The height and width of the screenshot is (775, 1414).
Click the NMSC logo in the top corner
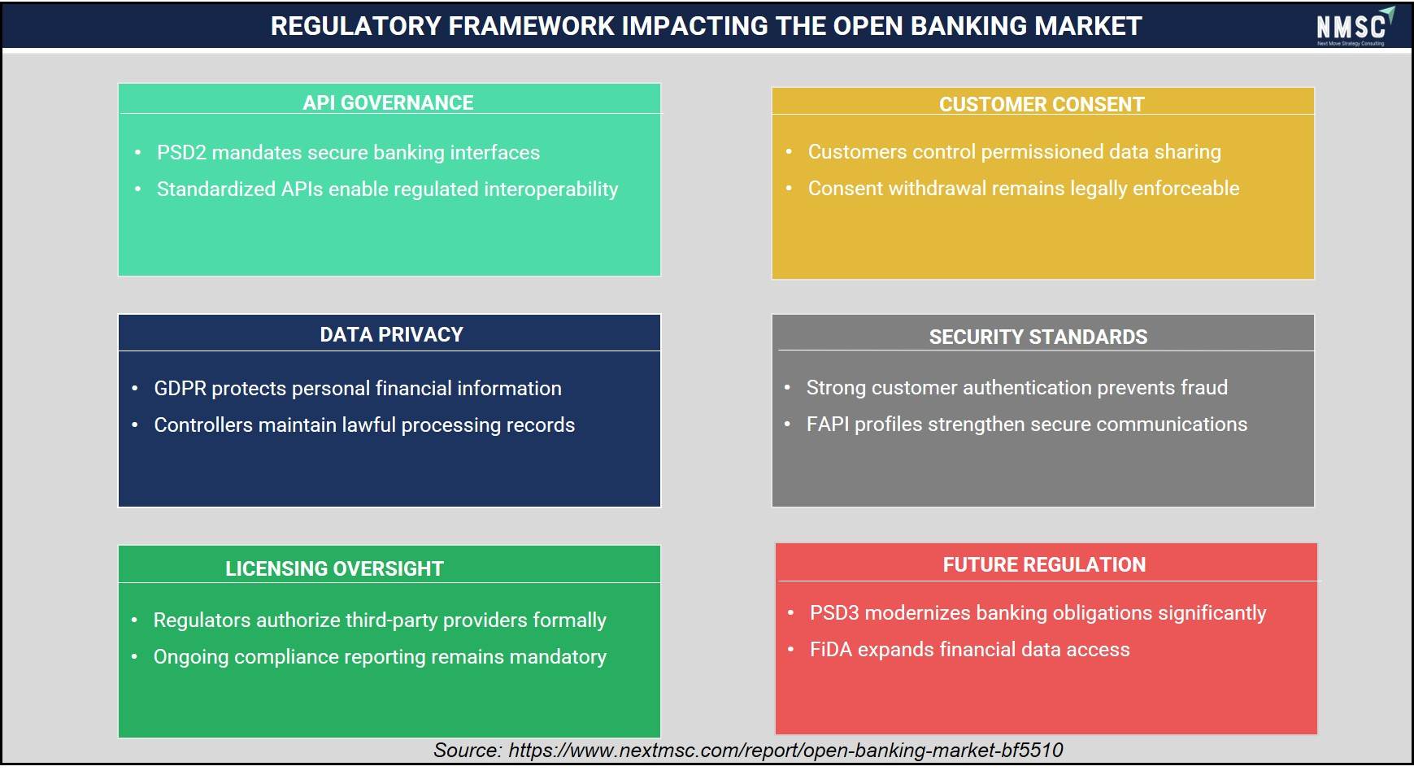click(1355, 27)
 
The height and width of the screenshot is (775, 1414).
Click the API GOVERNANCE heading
click(388, 102)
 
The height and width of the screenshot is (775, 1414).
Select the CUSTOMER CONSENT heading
click(1042, 104)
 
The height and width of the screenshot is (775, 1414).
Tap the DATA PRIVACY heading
click(391, 334)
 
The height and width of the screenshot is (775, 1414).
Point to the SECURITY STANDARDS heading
click(1038, 337)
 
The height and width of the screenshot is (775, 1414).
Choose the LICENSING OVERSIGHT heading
click(334, 568)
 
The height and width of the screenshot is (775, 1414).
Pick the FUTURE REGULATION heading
click(1044, 564)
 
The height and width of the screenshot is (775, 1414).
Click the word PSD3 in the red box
click(834, 612)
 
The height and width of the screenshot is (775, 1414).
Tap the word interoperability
click(551, 189)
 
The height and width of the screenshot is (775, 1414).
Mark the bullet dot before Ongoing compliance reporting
click(134, 656)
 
